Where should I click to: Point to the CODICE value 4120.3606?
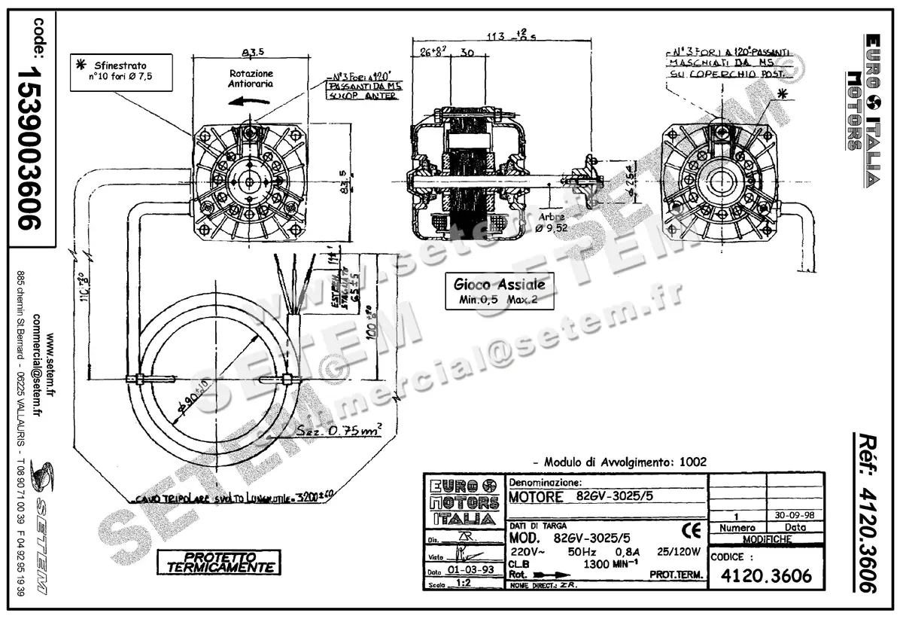[766, 576]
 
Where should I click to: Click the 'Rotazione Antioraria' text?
[251, 79]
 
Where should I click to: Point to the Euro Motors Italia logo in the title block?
[461, 502]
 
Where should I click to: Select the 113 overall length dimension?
[518, 38]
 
